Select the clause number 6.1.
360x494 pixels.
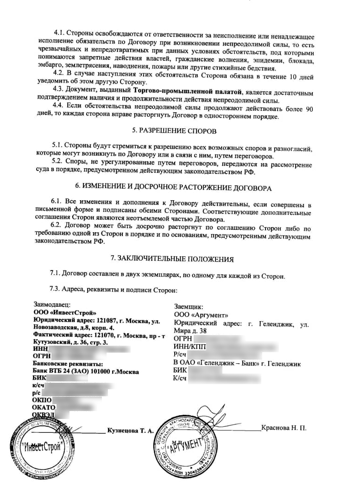(x=58, y=203)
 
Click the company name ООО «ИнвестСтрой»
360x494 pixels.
(x=61, y=313)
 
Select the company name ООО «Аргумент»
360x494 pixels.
(x=198, y=315)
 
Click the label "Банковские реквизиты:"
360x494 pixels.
(x=67, y=364)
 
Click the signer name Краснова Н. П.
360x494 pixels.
(x=284, y=427)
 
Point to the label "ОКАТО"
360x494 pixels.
(x=44, y=407)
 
